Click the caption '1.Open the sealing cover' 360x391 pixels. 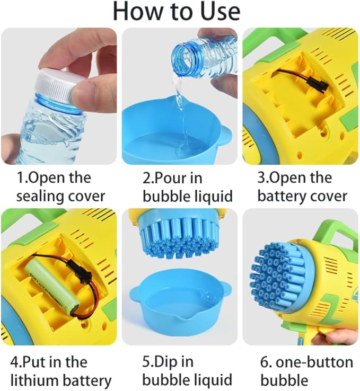click(60, 186)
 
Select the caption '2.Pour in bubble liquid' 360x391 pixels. click(180, 186)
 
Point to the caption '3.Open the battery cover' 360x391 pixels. click(302, 186)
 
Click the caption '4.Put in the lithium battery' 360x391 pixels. click(60, 371)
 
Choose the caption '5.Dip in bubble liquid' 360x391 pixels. click(180, 371)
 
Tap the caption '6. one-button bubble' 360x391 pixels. click(306, 371)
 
